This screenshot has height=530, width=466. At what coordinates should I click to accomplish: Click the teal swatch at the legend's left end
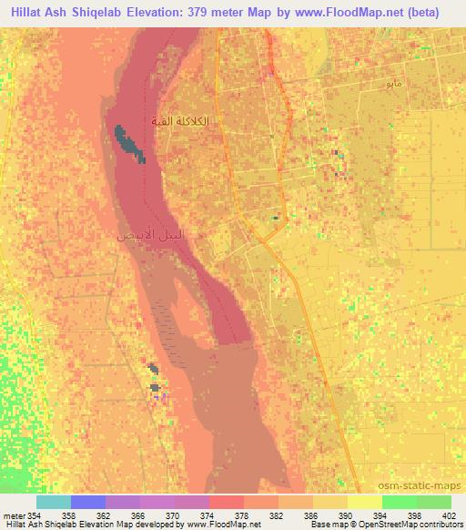tap(53, 502)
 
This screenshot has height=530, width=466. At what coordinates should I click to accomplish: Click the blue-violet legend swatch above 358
tap(87, 502)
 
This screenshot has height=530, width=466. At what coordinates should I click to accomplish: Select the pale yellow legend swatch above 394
tap(364, 502)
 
